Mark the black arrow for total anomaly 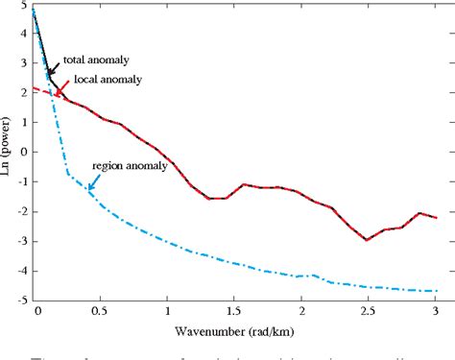click(53, 66)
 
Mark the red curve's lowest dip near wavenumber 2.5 click(367, 240)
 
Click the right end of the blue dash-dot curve click(437, 291)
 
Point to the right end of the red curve click(437, 218)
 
